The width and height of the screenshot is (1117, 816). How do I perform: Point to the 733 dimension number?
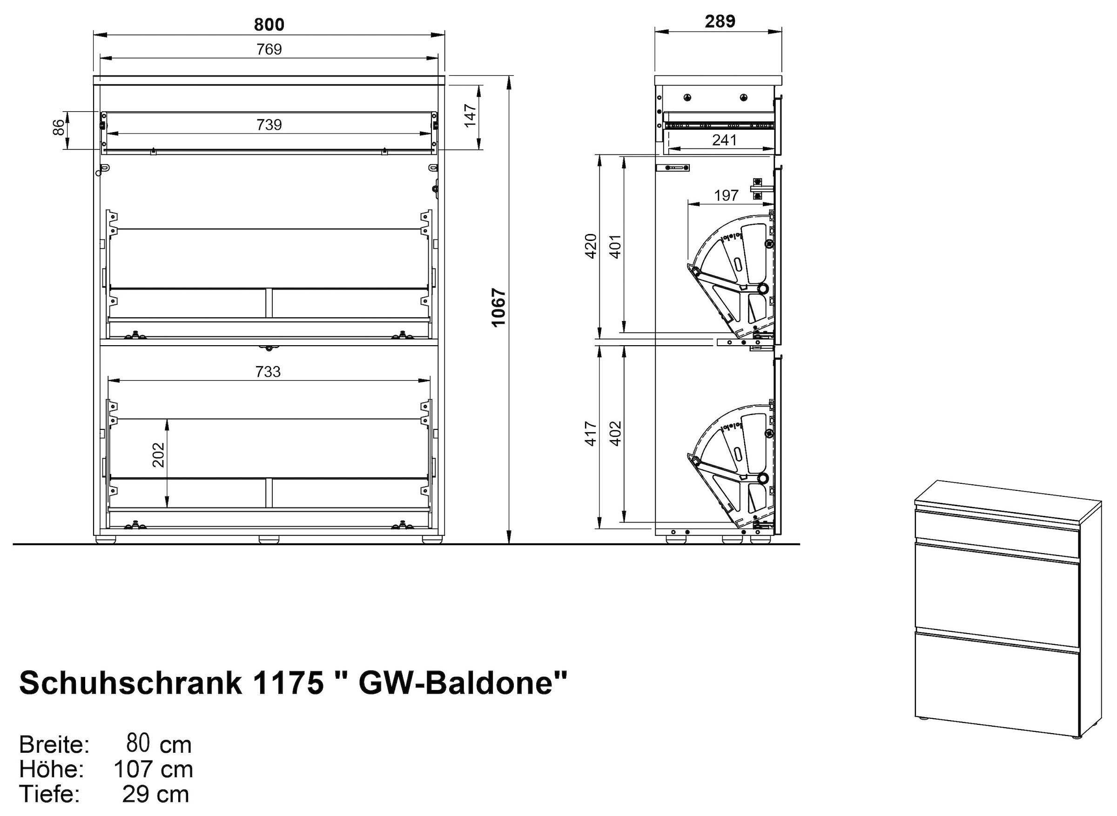[268, 371]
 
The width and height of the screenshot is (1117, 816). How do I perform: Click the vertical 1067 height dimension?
[499, 307]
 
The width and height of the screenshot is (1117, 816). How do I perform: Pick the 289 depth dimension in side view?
[720, 21]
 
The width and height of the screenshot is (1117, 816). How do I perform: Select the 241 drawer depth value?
[724, 140]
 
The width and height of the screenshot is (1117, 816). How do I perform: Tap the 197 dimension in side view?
[726, 195]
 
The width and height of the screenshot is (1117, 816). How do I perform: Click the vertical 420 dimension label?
[591, 246]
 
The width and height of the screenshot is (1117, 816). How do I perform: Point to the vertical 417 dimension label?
[591, 433]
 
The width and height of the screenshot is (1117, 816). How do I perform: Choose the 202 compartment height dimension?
[158, 455]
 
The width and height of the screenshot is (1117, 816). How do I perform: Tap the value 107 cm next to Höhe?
[153, 769]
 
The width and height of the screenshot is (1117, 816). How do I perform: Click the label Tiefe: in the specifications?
[49, 794]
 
